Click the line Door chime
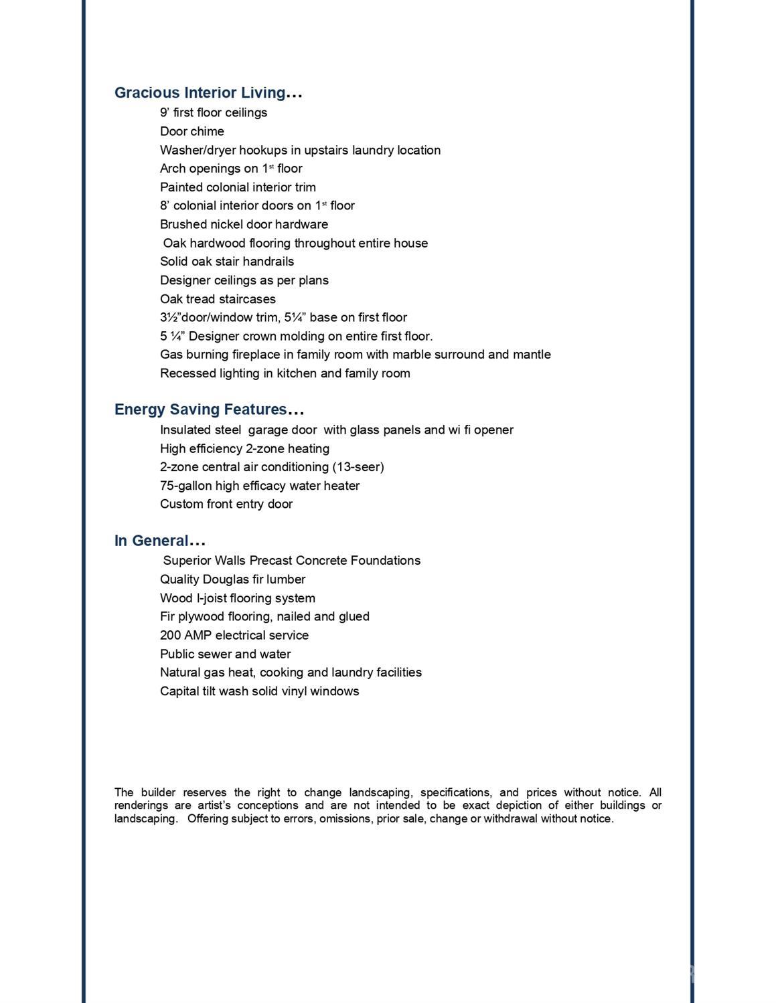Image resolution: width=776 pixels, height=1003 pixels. (x=192, y=132)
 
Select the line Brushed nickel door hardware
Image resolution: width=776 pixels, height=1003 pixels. (x=244, y=225)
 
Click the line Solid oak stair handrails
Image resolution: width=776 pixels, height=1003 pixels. (x=227, y=262)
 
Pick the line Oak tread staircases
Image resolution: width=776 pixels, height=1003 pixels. (x=218, y=299)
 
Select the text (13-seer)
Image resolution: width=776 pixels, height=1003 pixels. (x=358, y=467)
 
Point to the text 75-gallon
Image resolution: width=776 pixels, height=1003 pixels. (x=185, y=486)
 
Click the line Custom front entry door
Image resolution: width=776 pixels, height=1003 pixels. (x=226, y=505)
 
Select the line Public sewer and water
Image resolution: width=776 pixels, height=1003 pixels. (x=225, y=654)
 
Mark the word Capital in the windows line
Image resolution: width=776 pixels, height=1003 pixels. (x=179, y=691)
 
